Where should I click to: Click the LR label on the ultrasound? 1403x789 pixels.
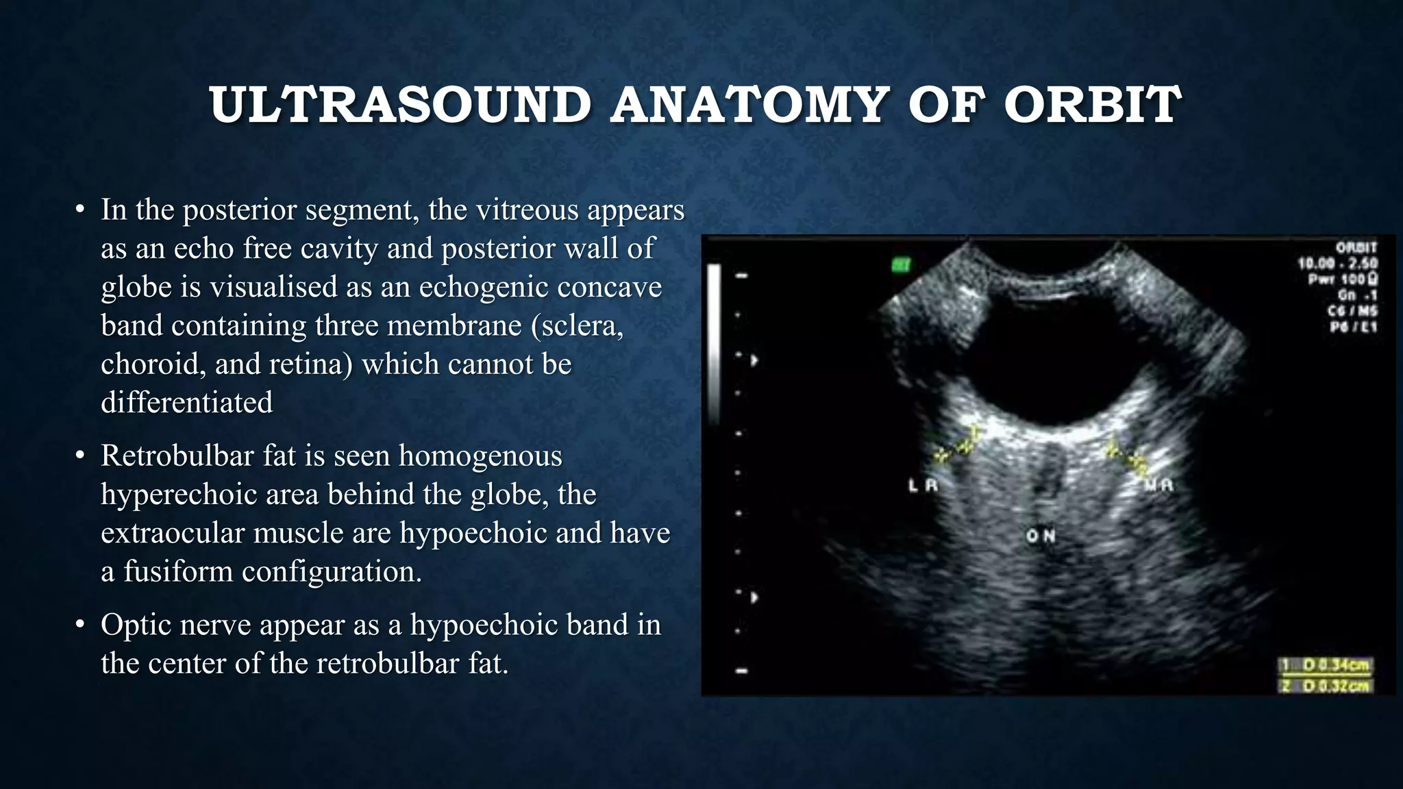(x=923, y=486)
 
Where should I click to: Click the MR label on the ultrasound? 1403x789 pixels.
(x=1158, y=486)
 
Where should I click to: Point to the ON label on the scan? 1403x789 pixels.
(x=1040, y=536)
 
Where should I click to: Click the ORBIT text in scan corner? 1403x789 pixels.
(x=1356, y=248)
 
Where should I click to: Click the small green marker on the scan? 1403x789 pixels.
(x=901, y=264)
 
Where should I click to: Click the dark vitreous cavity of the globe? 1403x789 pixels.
(x=1048, y=356)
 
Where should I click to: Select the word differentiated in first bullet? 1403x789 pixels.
(x=186, y=403)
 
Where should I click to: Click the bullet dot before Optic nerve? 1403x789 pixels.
(x=80, y=625)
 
